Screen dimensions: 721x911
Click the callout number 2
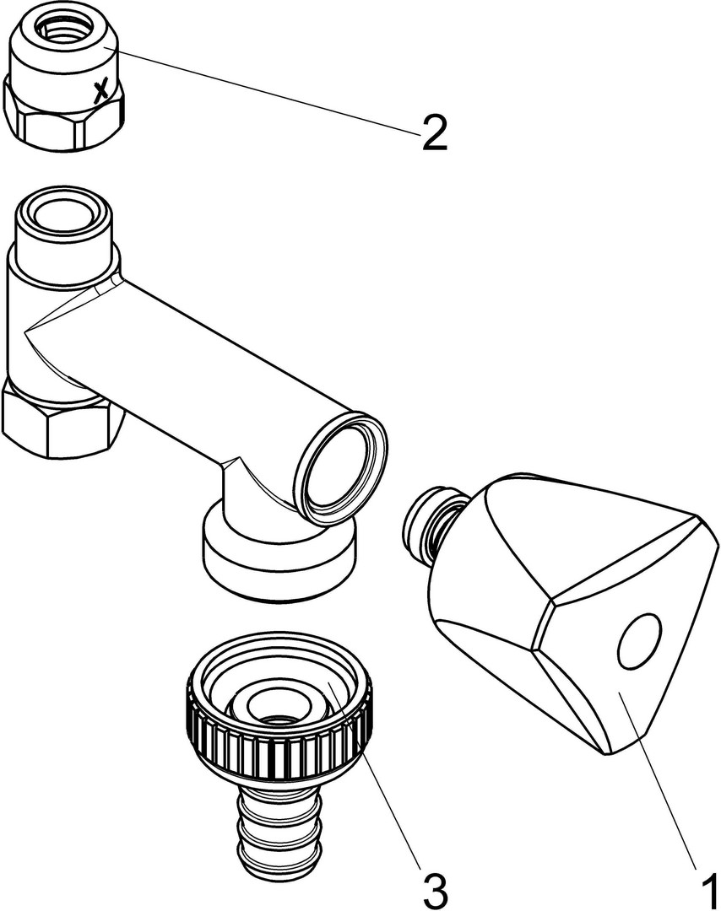434,132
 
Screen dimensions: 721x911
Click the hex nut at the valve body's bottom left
61,419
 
